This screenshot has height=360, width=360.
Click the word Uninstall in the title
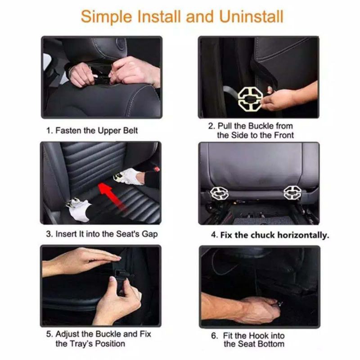(251, 17)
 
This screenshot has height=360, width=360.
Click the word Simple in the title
(107, 17)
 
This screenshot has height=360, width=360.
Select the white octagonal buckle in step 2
(250, 98)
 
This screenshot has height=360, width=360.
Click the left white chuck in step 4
(219, 193)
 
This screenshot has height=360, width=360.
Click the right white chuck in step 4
(292, 193)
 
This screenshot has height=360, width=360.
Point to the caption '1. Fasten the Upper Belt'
(92, 130)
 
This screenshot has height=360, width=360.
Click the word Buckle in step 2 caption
(261, 126)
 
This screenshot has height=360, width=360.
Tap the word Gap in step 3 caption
(150, 234)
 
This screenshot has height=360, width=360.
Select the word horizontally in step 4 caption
(303, 235)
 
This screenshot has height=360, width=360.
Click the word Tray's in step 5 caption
(81, 344)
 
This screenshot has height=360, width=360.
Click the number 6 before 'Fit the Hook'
(215, 336)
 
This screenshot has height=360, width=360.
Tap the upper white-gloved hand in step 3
(129, 176)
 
